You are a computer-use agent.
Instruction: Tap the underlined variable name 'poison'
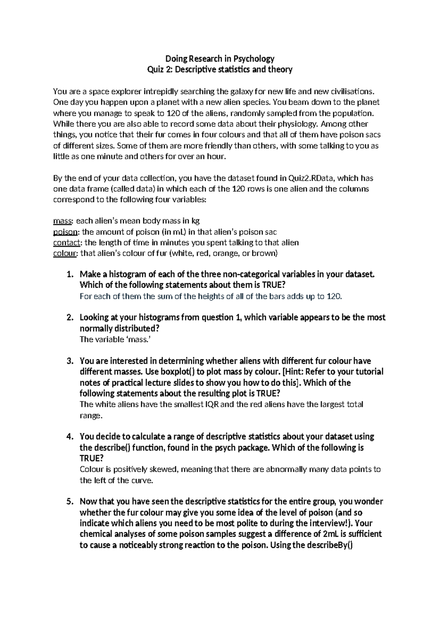click(x=65, y=232)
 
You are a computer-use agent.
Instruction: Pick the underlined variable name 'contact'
click(x=66, y=243)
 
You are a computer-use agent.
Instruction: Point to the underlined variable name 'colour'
click(x=65, y=253)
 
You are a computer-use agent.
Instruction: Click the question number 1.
click(x=69, y=274)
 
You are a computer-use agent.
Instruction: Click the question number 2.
click(x=69, y=318)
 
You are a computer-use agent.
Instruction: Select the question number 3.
click(x=69, y=361)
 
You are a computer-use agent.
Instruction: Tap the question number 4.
click(x=69, y=437)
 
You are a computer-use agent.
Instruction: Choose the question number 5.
click(x=69, y=502)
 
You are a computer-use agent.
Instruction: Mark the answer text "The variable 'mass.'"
click(x=115, y=340)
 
